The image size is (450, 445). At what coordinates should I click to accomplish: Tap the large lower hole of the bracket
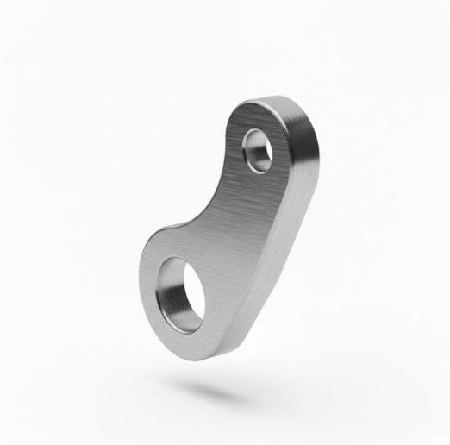[181, 294]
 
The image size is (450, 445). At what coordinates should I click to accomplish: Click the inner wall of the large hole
[173, 301]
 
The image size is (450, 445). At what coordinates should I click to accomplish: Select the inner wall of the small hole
[253, 155]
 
